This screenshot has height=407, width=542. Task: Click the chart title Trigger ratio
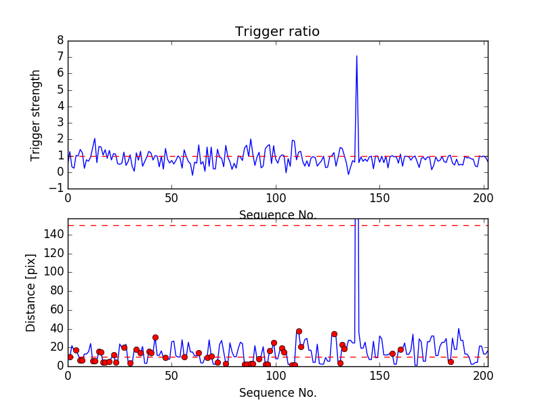click(x=277, y=32)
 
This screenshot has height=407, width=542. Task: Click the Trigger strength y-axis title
click(x=36, y=115)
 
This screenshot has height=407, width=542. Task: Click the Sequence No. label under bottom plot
click(x=277, y=393)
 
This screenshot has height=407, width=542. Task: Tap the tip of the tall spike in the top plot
click(x=356, y=56)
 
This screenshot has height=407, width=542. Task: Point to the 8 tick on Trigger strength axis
click(x=60, y=40)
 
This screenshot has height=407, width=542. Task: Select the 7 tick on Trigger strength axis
click(x=60, y=56)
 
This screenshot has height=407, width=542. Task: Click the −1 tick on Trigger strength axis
click(x=57, y=189)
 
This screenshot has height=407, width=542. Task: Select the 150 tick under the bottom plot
click(x=379, y=375)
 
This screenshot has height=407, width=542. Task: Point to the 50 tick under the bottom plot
click(x=171, y=375)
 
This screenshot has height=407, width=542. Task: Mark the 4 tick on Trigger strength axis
click(x=60, y=106)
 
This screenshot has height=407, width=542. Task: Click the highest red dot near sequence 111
click(x=299, y=331)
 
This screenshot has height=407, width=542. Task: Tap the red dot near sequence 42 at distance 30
click(x=155, y=337)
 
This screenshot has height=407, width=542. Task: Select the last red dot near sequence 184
click(x=451, y=362)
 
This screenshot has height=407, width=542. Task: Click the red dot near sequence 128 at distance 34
click(x=334, y=334)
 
